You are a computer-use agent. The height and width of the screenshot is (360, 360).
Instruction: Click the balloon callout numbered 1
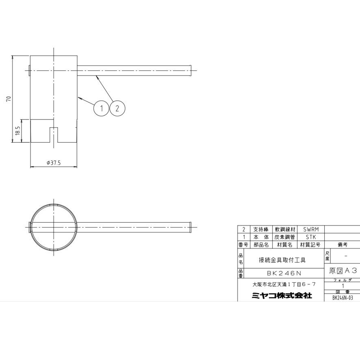point(102,108)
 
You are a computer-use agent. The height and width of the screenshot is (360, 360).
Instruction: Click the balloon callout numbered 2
point(117,108)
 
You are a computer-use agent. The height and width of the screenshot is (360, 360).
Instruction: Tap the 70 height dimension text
point(9,99)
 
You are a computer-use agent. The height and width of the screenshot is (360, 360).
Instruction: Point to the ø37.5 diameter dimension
point(54,163)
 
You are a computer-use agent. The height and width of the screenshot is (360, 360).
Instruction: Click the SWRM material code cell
point(310,230)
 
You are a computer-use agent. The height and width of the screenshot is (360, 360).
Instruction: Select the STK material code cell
point(310,237)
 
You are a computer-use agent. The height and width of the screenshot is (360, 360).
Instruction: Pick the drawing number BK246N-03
point(342,297)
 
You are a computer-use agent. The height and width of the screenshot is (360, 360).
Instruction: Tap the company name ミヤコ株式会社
point(282,296)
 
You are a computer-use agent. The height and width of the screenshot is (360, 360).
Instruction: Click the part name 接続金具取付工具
point(282,260)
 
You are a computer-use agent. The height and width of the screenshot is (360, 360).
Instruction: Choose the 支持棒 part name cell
point(261,230)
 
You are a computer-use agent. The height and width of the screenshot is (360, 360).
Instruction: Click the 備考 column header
point(342,245)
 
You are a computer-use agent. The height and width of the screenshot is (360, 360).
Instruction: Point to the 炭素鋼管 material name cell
point(284,237)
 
